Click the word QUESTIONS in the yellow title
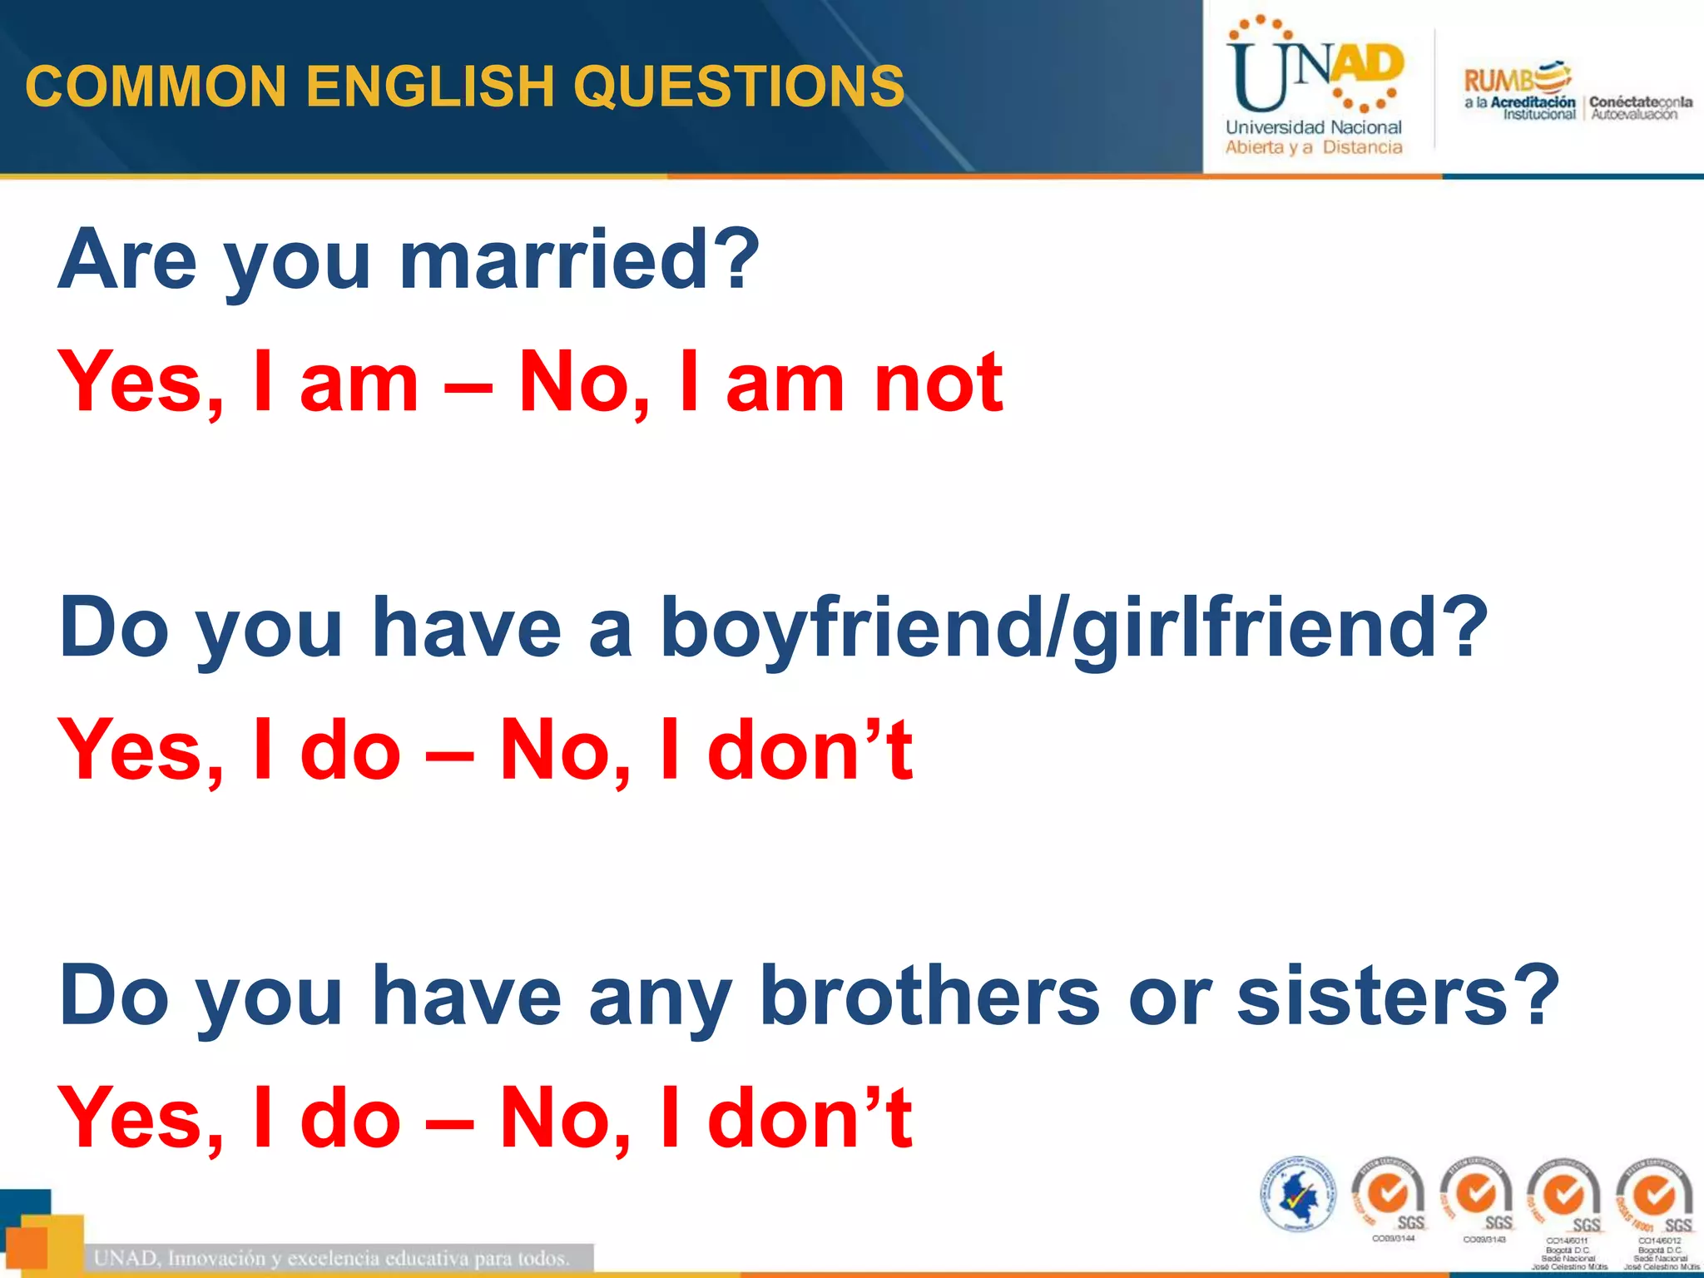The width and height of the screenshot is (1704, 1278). pos(738,86)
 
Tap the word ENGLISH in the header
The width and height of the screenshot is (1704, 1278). pos(429,86)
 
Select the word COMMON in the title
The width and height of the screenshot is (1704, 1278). pos(156,86)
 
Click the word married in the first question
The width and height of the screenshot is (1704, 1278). pos(578,260)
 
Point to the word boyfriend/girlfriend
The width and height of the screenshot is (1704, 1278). pos(1073,628)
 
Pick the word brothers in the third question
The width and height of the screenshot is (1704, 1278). pos(929,995)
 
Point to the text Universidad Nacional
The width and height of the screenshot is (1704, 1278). pos(1313,127)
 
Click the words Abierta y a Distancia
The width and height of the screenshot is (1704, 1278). pos(1313,148)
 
